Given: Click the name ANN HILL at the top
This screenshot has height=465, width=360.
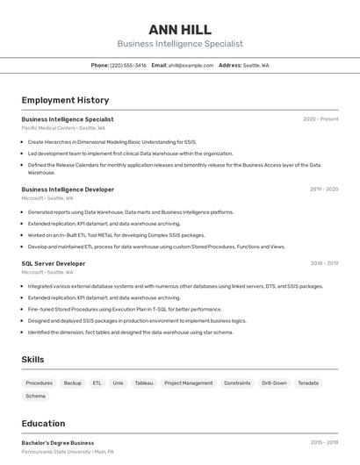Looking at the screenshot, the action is [180, 29].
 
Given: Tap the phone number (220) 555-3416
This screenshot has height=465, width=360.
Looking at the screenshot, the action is [129, 66].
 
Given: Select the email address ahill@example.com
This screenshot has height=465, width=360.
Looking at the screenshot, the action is [191, 66].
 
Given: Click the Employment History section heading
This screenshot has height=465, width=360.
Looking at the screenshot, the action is [65, 101].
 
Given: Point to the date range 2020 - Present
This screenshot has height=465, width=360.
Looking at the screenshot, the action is [320, 119].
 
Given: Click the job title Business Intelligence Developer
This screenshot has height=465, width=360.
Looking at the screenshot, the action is [68, 190].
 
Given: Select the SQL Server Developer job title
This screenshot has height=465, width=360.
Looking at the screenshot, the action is [54, 263].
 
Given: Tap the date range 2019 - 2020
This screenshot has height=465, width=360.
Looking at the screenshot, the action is [324, 190].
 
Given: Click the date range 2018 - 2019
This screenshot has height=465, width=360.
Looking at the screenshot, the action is [324, 263].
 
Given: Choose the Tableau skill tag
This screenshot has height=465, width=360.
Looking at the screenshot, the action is [143, 383].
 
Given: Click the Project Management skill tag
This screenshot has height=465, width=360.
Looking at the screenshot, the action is [188, 383].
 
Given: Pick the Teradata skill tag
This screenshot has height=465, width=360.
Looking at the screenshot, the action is [307, 383].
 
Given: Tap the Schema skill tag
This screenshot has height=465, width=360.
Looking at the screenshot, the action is [35, 397].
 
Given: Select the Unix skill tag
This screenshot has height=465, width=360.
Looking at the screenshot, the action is [118, 383].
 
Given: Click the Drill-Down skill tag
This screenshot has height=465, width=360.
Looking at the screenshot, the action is [274, 383].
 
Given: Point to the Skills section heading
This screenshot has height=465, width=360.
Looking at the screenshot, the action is [32, 360].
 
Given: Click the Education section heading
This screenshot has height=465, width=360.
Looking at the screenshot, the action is [43, 424].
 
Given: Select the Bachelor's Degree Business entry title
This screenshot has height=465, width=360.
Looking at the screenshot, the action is [58, 443].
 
